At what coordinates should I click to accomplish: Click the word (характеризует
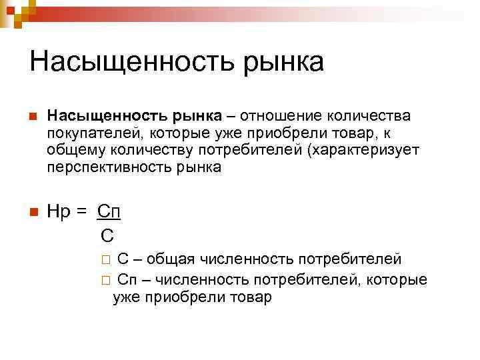click(363, 150)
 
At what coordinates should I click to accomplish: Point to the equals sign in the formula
click(81, 213)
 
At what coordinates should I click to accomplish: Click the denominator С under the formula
click(106, 235)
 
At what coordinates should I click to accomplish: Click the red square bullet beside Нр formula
click(32, 213)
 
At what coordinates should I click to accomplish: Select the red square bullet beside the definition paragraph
click(32, 116)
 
